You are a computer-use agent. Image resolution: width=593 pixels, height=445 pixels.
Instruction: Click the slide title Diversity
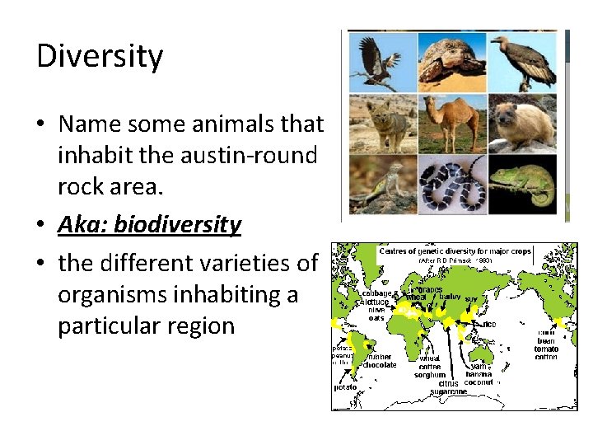pyautogui.click(x=100, y=57)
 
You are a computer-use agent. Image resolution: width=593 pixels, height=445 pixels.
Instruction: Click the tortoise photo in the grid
pyautogui.click(x=452, y=62)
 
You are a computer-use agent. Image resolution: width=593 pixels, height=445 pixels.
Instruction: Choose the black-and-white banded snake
pyautogui.click(x=452, y=185)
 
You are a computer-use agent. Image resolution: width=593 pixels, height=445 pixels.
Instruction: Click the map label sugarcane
pyautogui.click(x=447, y=392)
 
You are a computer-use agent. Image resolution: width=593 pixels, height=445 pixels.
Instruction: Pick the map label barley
pyautogui.click(x=450, y=297)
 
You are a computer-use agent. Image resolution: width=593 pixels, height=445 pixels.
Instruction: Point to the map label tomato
pyautogui.click(x=546, y=349)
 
